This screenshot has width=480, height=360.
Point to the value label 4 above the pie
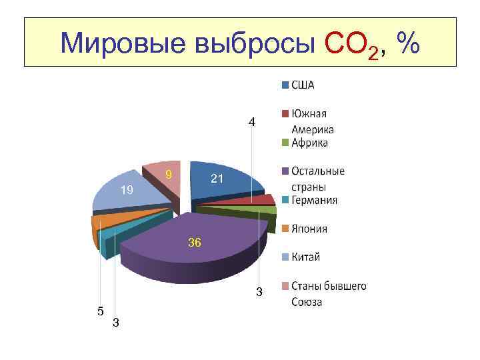coord(251,122)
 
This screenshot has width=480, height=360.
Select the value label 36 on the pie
coord(194,243)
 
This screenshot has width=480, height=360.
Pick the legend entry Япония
coord(309,229)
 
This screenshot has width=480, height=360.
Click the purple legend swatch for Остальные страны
coord(285,171)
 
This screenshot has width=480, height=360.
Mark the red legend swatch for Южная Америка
coord(285,113)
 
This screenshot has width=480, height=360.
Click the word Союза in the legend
coord(307,302)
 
